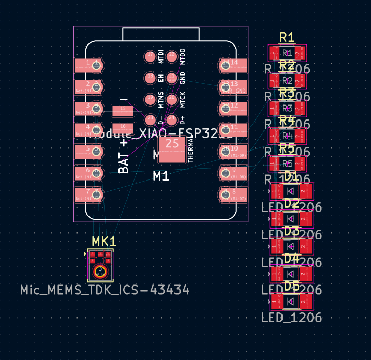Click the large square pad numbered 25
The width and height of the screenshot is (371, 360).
[172, 150]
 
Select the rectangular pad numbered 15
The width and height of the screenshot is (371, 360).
[123, 110]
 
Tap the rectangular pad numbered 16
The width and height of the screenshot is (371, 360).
[123, 127]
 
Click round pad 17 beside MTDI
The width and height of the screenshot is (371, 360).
[150, 56]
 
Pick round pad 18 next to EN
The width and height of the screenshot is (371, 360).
[150, 78]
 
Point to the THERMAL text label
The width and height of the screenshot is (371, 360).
[190, 150]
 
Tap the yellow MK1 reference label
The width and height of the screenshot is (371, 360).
[104, 242]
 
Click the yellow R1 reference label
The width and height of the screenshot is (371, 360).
[287, 37]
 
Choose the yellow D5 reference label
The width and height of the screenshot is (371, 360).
[292, 286]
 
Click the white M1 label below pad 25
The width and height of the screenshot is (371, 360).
[161, 176]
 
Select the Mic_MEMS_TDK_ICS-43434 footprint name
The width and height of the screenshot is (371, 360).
[105, 290]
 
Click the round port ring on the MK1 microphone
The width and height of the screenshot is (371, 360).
[99, 272]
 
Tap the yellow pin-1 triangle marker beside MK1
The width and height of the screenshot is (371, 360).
[85, 254]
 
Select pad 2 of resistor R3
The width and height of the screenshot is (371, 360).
[299, 108]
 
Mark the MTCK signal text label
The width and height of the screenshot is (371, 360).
[183, 99]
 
